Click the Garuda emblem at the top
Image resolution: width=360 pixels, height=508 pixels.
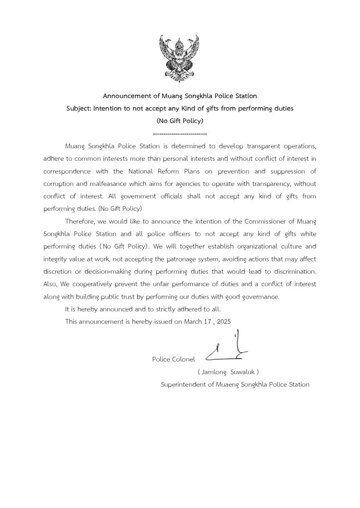(180, 58)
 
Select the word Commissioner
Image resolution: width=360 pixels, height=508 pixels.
(268, 221)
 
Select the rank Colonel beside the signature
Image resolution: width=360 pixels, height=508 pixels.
(184, 359)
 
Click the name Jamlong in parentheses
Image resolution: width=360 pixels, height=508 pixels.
(214, 372)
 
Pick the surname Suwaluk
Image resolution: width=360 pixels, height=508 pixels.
(243, 372)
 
